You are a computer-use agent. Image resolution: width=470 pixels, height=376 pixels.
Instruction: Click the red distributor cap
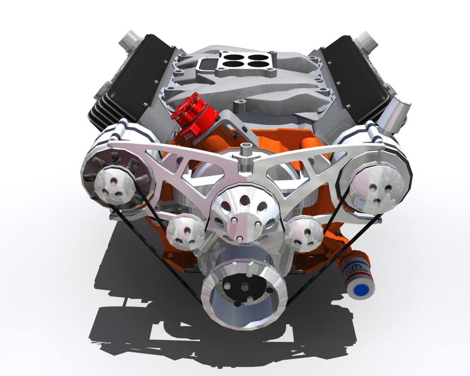(194, 109)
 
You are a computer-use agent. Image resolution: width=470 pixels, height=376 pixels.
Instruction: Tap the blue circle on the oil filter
(361, 289)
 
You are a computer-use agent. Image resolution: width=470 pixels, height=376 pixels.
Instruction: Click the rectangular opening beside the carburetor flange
(205, 64)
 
